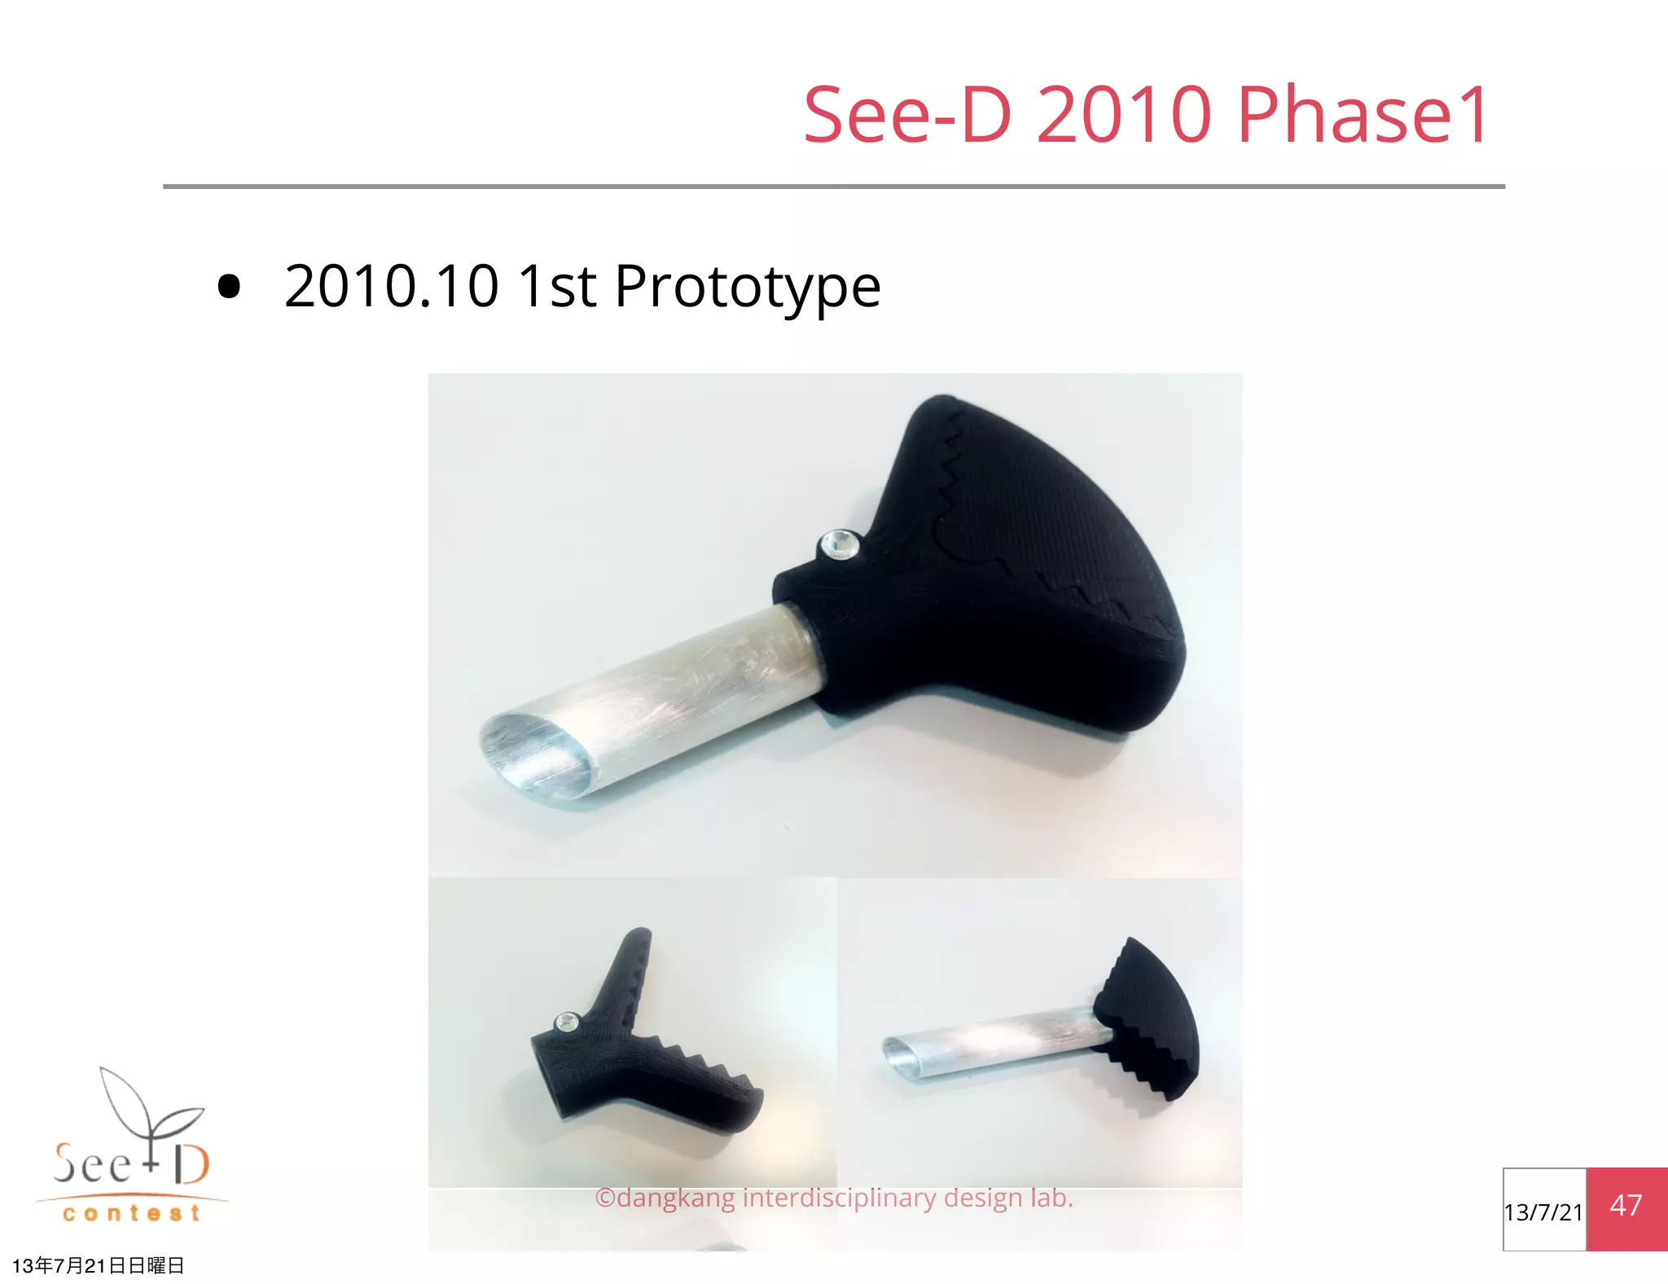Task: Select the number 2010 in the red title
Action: coord(1124,116)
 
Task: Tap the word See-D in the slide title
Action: coord(907,116)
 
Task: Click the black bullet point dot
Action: coord(230,287)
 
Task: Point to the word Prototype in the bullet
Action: coord(747,287)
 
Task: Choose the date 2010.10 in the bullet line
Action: coord(391,287)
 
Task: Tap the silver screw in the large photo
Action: coord(839,543)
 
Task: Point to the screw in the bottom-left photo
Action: coord(566,1022)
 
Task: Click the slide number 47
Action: coord(1626,1206)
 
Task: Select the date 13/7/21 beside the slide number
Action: coord(1543,1212)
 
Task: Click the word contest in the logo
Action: coord(131,1214)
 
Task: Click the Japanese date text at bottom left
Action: coord(99,1265)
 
